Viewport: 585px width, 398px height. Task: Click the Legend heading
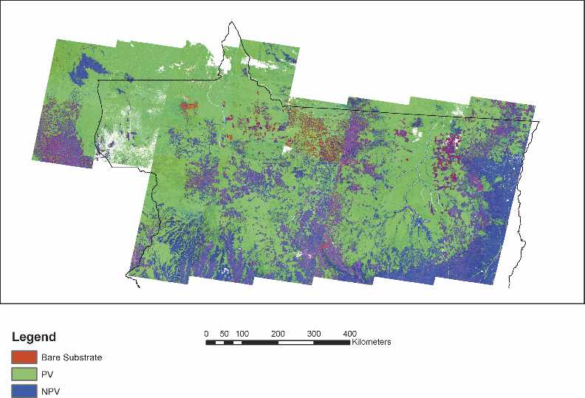click(33, 337)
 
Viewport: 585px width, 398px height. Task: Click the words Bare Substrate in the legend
click(72, 357)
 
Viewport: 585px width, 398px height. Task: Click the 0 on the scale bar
click(206, 333)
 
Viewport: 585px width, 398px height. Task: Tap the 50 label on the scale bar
click(224, 333)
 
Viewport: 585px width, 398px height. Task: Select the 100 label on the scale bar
click(242, 333)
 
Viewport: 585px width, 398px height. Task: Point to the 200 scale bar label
click(278, 333)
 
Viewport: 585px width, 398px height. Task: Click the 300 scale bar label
click(314, 333)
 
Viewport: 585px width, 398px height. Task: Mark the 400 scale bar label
click(350, 333)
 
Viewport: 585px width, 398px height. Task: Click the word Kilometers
click(372, 343)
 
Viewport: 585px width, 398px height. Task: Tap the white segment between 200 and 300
click(296, 343)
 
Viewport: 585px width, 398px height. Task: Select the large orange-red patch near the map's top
click(190, 106)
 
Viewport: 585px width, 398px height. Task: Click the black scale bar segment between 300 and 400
click(332, 343)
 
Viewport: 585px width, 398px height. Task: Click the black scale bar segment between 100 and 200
click(260, 343)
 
